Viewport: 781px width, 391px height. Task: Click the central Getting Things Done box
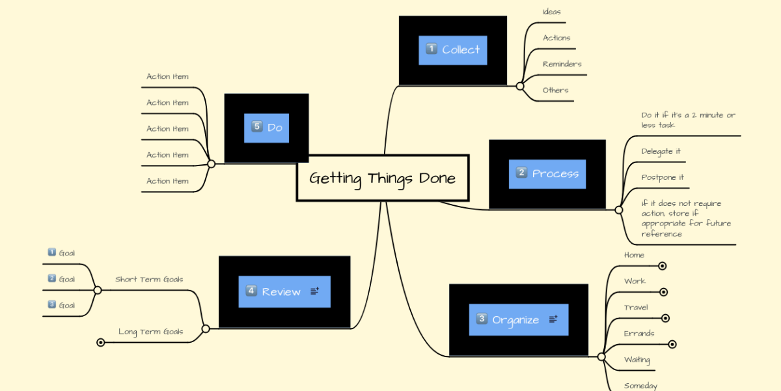[x=383, y=178]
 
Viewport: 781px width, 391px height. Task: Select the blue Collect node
[x=453, y=50]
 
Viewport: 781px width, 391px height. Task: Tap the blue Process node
[x=547, y=174]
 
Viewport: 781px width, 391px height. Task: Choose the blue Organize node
[x=518, y=320]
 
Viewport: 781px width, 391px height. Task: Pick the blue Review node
[x=284, y=292]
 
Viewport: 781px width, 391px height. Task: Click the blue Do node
[x=266, y=128]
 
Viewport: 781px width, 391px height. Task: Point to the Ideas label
[x=551, y=12]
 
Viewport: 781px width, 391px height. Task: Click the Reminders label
[x=562, y=64]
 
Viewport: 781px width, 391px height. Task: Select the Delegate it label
[x=661, y=151]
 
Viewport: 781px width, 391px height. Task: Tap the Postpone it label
[x=662, y=177]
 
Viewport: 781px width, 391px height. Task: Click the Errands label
[x=638, y=334]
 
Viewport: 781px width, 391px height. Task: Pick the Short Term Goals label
[x=149, y=280]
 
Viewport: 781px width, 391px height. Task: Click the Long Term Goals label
[x=150, y=332]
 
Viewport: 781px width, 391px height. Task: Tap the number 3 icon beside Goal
[x=52, y=304]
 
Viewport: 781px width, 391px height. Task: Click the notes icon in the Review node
[x=315, y=291]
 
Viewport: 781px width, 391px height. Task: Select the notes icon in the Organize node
[x=553, y=319]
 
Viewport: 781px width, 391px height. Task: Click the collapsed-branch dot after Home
[x=662, y=266]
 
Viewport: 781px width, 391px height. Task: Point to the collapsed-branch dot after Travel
[x=665, y=318]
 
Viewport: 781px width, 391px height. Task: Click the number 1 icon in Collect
[x=431, y=49]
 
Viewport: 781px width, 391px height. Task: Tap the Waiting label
[x=637, y=360]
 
